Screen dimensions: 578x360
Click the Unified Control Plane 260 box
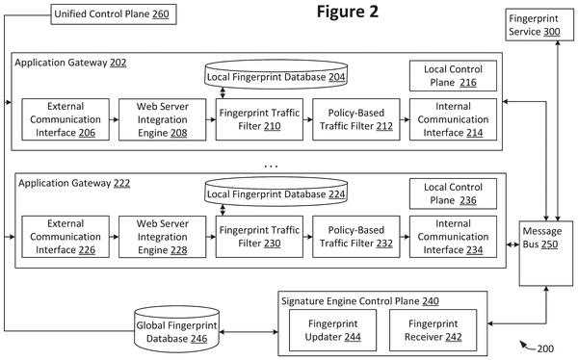point(114,14)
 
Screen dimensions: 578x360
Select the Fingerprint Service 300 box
point(539,25)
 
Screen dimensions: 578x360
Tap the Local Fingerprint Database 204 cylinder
point(276,75)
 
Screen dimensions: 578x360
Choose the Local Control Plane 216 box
point(453,76)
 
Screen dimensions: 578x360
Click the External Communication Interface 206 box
point(66,119)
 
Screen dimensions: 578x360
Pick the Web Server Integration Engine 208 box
point(162,119)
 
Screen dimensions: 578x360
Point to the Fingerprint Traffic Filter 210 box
point(259,119)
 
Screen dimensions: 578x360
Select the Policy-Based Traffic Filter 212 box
point(356,119)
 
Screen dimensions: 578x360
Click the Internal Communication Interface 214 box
point(453,119)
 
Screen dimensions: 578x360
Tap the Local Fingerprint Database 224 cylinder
point(276,192)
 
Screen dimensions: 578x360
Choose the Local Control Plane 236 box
point(453,193)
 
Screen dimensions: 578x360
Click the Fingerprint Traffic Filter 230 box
point(259,237)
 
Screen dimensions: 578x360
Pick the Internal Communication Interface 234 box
point(453,237)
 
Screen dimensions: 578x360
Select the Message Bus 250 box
point(546,253)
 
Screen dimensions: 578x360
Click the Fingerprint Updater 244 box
point(333,330)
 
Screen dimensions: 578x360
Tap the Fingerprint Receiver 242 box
point(433,330)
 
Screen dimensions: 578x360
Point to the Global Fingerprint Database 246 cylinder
point(177,329)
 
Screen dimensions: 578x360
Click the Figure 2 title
point(348,12)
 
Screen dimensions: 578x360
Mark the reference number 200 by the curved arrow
point(545,348)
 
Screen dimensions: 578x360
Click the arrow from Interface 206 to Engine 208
point(114,119)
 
